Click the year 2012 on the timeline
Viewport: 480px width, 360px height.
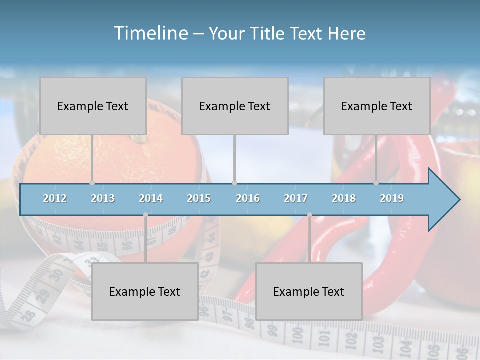point(55,198)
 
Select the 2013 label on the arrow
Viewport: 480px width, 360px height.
point(103,198)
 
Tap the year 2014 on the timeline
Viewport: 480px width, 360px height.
point(151,198)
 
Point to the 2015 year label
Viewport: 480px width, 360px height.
point(199,198)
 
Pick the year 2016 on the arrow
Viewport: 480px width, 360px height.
point(248,198)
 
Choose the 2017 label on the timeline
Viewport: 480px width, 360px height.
point(296,198)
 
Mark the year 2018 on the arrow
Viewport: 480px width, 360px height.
point(344,198)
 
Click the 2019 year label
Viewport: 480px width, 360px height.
point(392,198)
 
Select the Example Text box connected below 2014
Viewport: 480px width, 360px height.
point(145,291)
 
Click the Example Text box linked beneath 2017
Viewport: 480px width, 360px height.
point(309,291)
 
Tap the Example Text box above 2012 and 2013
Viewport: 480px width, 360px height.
point(93,106)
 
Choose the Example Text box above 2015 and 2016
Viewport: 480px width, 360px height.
point(235,106)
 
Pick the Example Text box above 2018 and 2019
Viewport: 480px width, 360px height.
point(377,106)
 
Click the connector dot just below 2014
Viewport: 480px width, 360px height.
point(145,215)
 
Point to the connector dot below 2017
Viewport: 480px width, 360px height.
point(309,215)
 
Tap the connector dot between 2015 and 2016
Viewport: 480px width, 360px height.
point(234,183)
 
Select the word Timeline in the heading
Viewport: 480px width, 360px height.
point(150,33)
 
